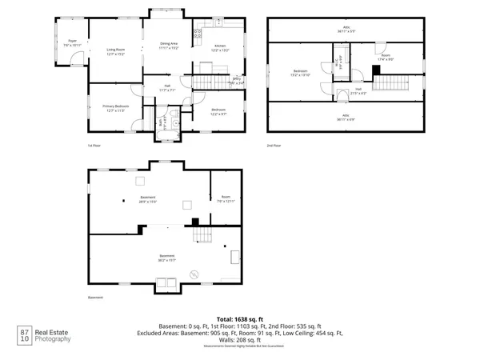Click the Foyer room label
(x=72, y=43)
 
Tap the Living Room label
(x=116, y=53)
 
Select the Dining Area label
(x=168, y=46)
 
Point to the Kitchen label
(x=220, y=49)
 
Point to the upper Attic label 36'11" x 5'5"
(x=347, y=30)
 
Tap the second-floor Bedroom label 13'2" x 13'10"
(x=301, y=74)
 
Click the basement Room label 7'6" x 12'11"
(x=226, y=199)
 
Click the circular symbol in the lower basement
(x=192, y=274)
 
